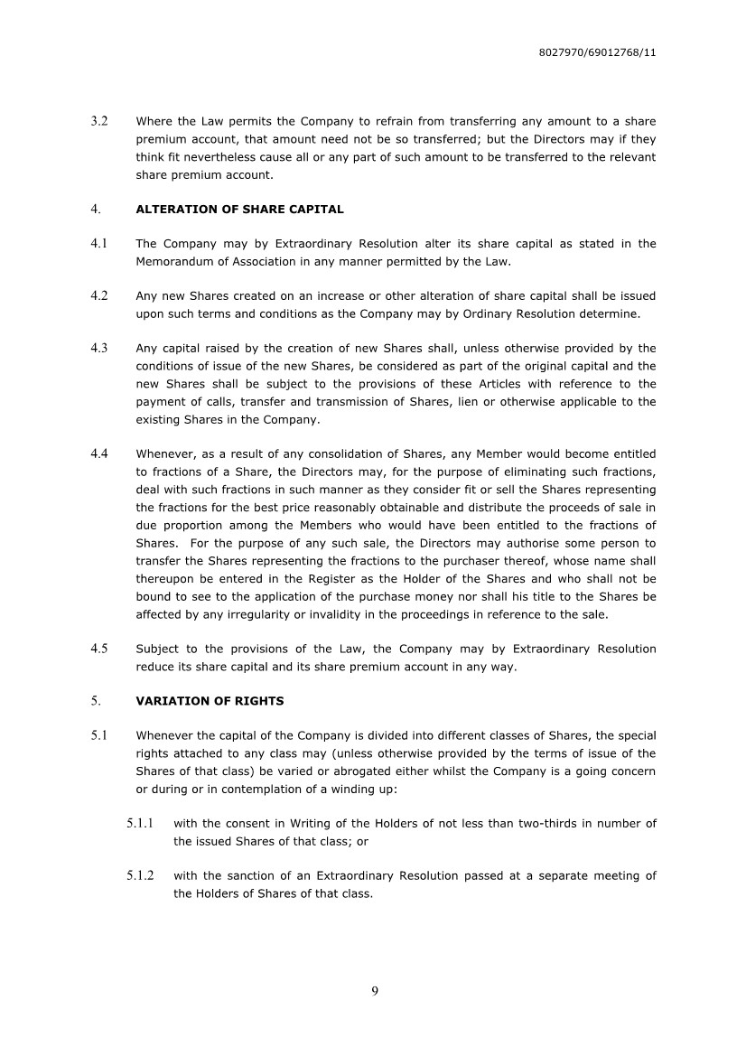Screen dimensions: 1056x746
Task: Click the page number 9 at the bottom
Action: point(374,992)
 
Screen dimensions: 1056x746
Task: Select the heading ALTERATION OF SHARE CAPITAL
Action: point(239,210)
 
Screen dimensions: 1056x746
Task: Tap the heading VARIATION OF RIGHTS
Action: point(210,701)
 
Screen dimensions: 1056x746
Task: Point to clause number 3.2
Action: point(99,121)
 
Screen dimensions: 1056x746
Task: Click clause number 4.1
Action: point(99,244)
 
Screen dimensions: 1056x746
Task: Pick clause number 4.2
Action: point(99,296)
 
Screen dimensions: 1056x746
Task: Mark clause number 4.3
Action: point(99,349)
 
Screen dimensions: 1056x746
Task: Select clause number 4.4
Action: point(99,454)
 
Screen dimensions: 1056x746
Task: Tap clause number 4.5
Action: point(99,649)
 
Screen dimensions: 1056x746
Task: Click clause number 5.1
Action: point(99,735)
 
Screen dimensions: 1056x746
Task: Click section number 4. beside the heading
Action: point(95,210)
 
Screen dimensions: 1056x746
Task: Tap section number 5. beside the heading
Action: point(95,701)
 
